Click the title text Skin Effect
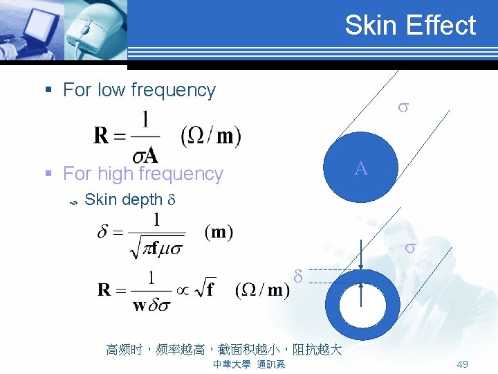(x=410, y=26)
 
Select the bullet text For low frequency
(x=139, y=90)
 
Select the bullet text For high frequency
(x=142, y=174)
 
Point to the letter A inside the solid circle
(x=360, y=168)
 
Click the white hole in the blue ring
(x=362, y=305)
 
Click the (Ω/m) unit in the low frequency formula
(x=210, y=135)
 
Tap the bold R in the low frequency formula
(x=102, y=136)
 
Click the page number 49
(x=463, y=364)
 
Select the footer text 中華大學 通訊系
(x=248, y=364)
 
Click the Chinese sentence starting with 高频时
(x=223, y=350)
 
